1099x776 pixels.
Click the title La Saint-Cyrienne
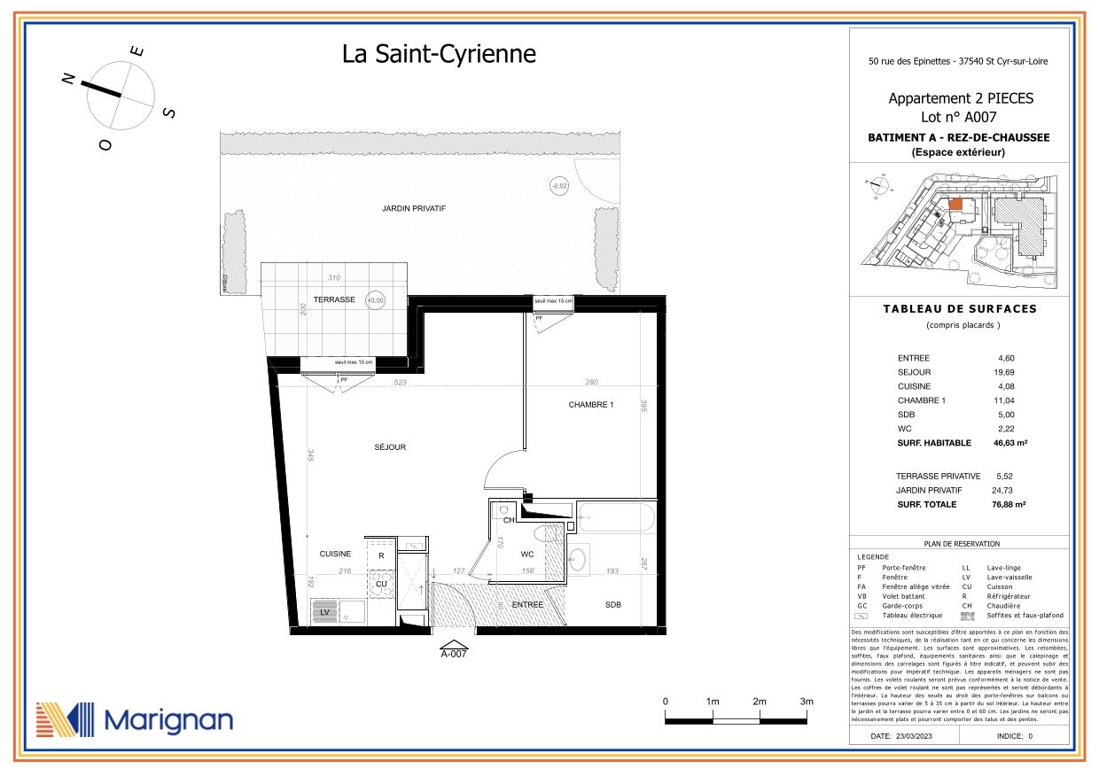click(439, 54)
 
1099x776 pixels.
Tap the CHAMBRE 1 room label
click(591, 405)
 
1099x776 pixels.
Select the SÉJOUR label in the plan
click(390, 447)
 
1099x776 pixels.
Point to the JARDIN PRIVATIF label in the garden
click(413, 208)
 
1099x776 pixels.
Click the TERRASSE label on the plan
click(334, 299)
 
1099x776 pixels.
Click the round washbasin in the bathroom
click(577, 559)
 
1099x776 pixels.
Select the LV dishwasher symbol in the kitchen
click(325, 612)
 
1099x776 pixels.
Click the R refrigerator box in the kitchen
click(381, 556)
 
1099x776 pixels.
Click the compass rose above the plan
click(121, 93)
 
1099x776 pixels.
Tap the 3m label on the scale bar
click(807, 702)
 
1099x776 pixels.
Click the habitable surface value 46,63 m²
click(1009, 443)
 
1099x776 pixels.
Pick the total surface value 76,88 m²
click(1009, 504)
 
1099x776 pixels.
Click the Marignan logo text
click(168, 719)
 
